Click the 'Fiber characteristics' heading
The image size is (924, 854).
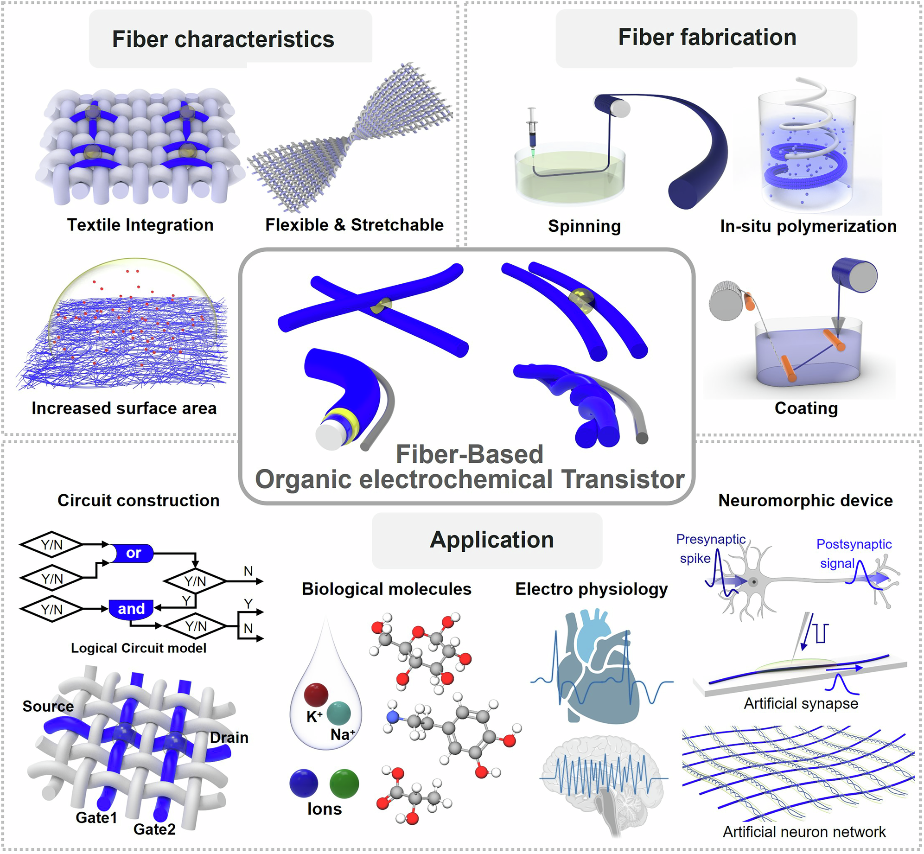(x=223, y=39)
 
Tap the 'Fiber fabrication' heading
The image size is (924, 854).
(x=707, y=37)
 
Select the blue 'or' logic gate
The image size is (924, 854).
(x=133, y=553)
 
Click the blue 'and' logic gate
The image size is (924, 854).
(x=131, y=609)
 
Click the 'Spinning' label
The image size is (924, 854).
(x=584, y=226)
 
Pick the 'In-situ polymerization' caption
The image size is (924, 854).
(x=808, y=226)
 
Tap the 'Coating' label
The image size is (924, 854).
(x=806, y=408)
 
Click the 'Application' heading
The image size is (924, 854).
(x=491, y=540)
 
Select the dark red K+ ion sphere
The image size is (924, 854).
(x=316, y=695)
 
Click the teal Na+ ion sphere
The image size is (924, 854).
(x=338, y=713)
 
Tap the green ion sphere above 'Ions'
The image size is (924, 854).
(x=344, y=784)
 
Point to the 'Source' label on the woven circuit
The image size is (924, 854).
(x=48, y=706)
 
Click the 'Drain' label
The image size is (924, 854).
(x=229, y=738)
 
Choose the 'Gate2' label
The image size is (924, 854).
(x=154, y=829)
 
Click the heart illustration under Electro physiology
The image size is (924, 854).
(x=598, y=668)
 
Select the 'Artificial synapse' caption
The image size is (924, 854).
(x=801, y=704)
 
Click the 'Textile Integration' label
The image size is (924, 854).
(x=140, y=225)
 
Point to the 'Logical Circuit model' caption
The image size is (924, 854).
(x=138, y=648)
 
